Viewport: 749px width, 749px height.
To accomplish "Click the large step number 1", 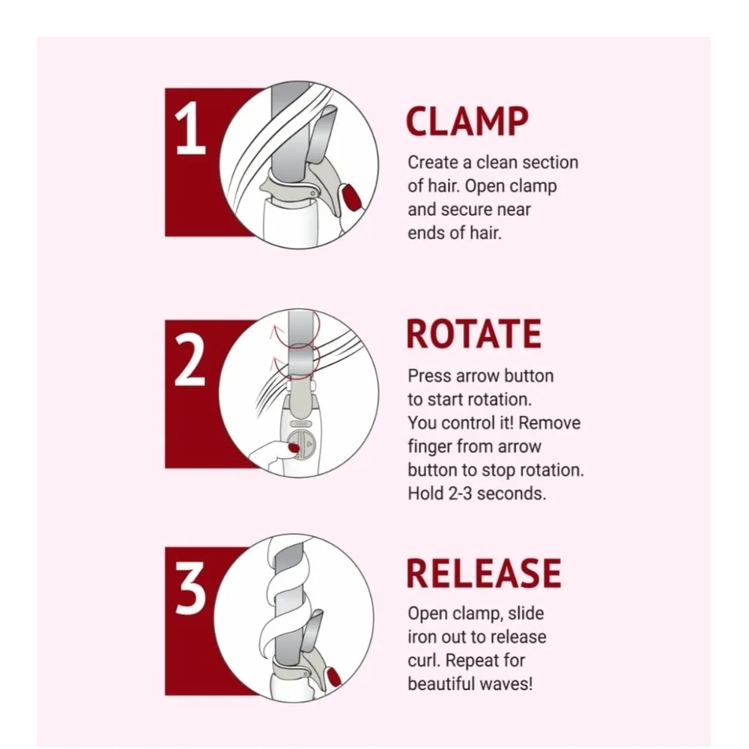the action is point(190,128).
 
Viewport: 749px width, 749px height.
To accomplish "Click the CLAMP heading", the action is point(467,121).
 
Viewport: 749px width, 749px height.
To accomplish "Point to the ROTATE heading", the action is point(474,334).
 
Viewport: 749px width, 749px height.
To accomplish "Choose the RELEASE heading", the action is point(483,573).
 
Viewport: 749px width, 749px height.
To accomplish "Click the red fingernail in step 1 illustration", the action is point(351,195).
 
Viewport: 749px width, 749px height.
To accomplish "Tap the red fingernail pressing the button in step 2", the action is point(294,448).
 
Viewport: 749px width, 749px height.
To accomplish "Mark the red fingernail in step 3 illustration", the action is point(333,677).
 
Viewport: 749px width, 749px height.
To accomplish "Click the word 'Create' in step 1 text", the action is point(433,163).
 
